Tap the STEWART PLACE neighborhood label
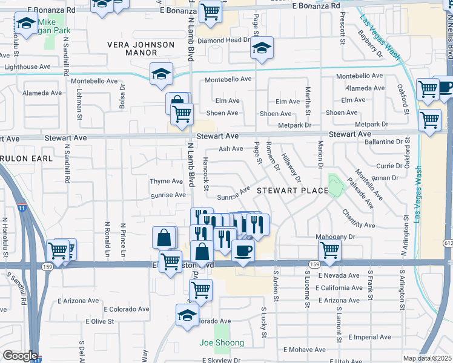click(292, 191)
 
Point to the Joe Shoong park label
click(222, 343)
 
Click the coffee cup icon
click(243, 250)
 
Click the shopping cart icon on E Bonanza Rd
click(210, 11)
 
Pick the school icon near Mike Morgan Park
click(26, 25)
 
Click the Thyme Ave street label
click(166, 181)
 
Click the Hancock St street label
click(205, 175)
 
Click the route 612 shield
click(448, 243)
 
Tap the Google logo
click(19, 356)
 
